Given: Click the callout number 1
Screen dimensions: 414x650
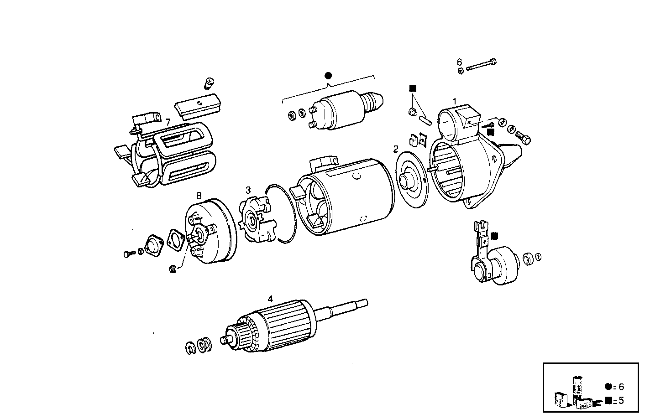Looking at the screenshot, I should pos(454,100).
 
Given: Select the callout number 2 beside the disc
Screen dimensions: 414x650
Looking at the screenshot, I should pos(396,149).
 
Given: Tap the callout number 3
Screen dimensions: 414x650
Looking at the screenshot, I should pos(248,190).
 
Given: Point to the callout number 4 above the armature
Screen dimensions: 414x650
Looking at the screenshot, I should pos(270,299).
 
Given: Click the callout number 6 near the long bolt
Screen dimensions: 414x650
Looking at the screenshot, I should pos(460,62).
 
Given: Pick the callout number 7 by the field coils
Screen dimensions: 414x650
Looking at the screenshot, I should pos(168,122).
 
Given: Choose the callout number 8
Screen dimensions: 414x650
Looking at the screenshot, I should pos(199,196).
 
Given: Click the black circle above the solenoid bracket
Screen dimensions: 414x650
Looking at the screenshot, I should pos(328,76).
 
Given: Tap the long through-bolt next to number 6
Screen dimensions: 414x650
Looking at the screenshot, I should pos(482,65).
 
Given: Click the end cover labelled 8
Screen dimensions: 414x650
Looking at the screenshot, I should pos(212,233).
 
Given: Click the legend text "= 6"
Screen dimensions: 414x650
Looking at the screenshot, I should pos(619,387).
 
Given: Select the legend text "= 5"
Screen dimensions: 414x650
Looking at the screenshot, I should pos(619,401).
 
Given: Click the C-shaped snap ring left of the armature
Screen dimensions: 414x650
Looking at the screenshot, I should pos(191,348).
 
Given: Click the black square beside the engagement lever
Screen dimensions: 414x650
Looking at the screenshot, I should pos(495,236).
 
